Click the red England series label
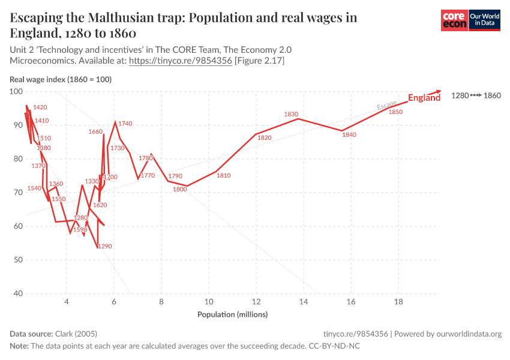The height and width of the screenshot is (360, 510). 424,98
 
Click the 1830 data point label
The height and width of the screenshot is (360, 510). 291,114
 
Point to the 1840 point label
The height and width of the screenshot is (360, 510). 349,135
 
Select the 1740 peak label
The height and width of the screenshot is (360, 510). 125,124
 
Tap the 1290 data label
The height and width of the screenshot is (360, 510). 105,246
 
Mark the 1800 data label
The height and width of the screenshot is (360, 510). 180,189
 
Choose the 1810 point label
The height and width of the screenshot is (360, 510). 223,176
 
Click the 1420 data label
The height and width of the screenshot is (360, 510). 40,107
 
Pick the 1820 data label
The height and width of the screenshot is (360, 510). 265,137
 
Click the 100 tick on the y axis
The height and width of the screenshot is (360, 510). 16,92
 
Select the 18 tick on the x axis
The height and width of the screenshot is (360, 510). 398,302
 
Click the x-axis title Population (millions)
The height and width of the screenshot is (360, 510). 233,314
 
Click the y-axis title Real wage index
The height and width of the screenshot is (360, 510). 61,79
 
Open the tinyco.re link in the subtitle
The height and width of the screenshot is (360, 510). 181,61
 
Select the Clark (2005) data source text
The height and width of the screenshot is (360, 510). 76,334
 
